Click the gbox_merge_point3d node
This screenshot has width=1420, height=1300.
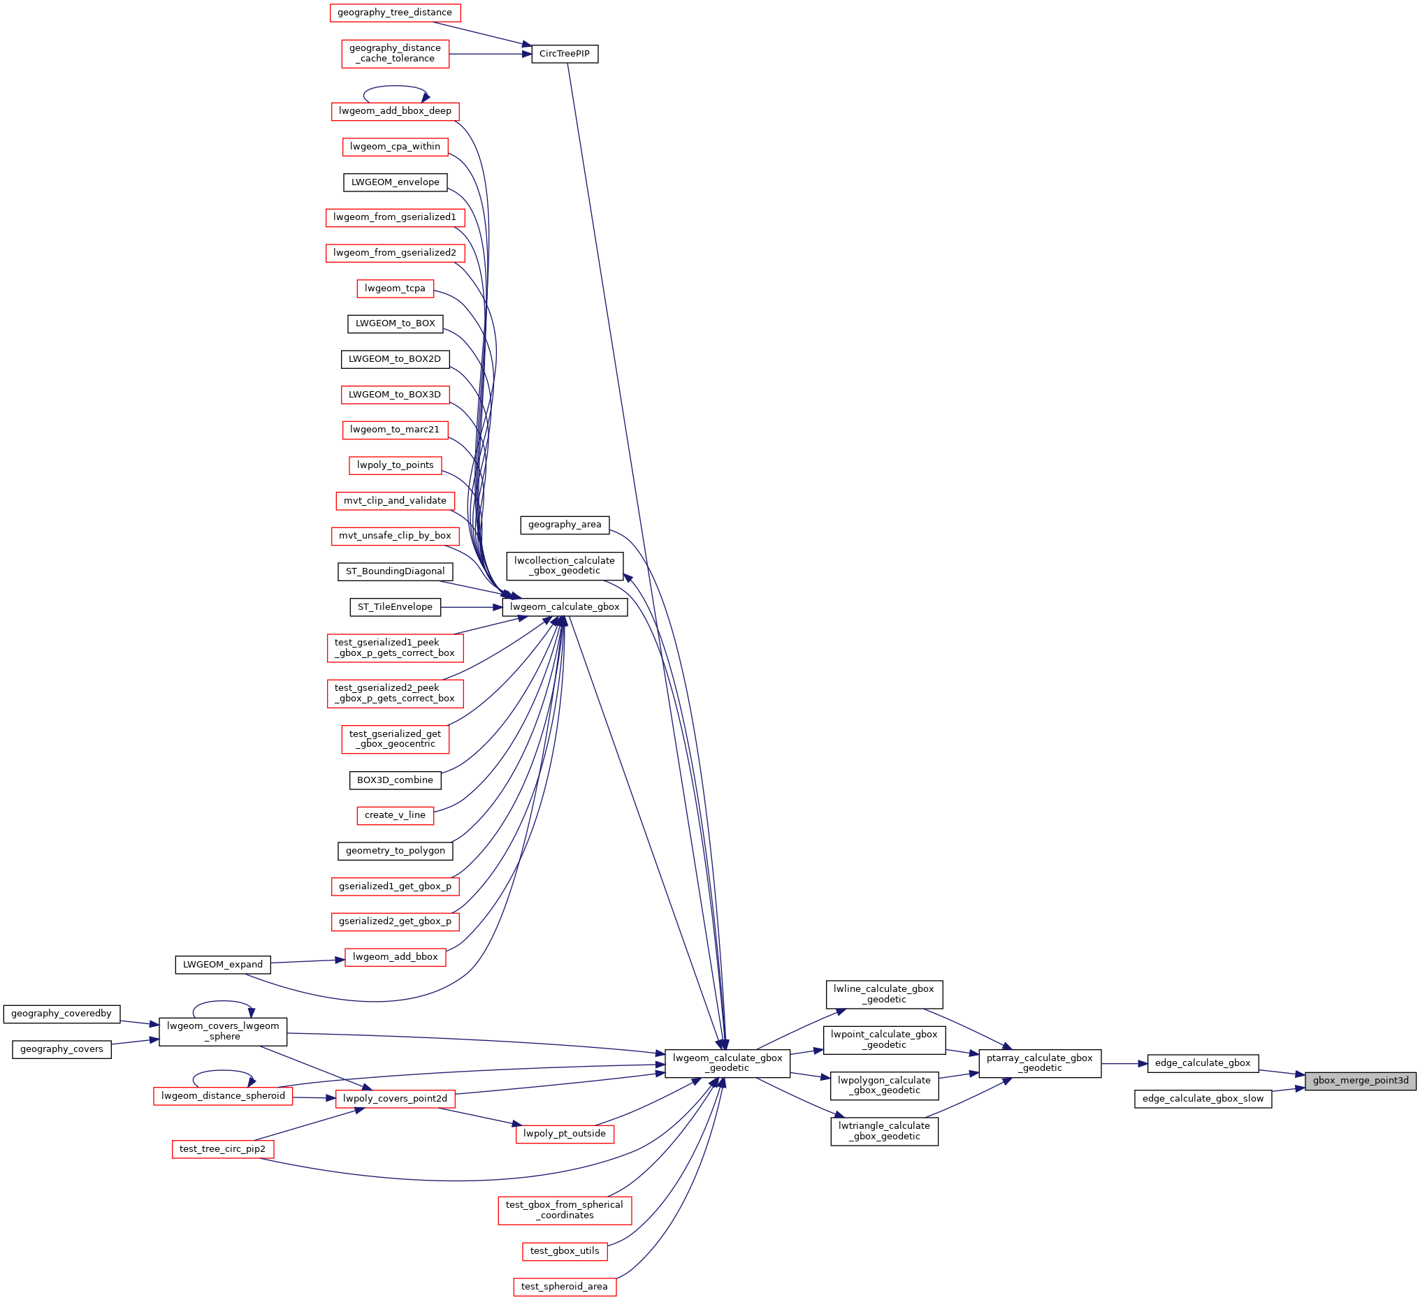tap(1360, 1080)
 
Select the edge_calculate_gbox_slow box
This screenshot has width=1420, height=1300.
tap(1203, 1098)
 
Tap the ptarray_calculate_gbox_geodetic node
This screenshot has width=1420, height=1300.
tap(1040, 1062)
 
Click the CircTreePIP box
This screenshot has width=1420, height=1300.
tap(564, 54)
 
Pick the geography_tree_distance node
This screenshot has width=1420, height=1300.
tap(395, 12)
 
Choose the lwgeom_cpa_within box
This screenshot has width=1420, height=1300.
tap(395, 147)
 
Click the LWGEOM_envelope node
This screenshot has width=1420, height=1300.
tap(395, 182)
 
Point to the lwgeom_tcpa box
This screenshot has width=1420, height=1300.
tap(395, 288)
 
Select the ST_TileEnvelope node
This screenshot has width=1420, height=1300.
tap(395, 606)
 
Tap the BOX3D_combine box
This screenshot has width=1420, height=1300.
tap(395, 780)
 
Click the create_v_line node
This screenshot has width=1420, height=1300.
tap(395, 815)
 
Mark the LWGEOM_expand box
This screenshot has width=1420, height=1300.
tap(223, 964)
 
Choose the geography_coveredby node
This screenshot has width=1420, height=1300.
tap(61, 1014)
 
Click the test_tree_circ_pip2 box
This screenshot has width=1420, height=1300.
tap(223, 1148)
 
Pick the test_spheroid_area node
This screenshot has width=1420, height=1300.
tap(564, 1286)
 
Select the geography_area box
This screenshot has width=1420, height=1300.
tap(564, 524)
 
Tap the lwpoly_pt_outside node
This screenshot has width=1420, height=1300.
tap(564, 1133)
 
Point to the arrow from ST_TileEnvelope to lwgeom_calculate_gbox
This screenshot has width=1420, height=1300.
tap(471, 607)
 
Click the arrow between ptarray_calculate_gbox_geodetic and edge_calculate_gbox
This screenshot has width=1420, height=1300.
tap(1124, 1063)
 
